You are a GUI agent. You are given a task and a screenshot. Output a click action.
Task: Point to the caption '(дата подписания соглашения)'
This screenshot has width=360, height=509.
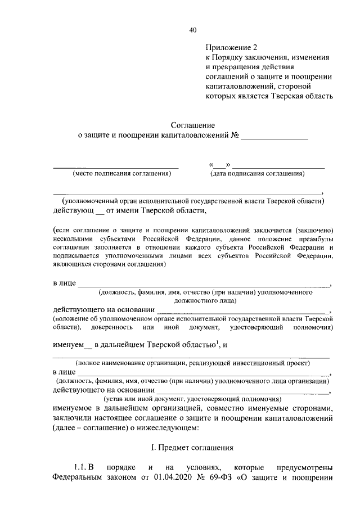click(x=258, y=174)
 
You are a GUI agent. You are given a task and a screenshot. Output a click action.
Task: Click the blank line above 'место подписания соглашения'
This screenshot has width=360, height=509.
click(x=115, y=168)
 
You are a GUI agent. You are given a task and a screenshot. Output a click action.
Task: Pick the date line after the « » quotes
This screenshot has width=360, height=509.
click(x=278, y=168)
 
